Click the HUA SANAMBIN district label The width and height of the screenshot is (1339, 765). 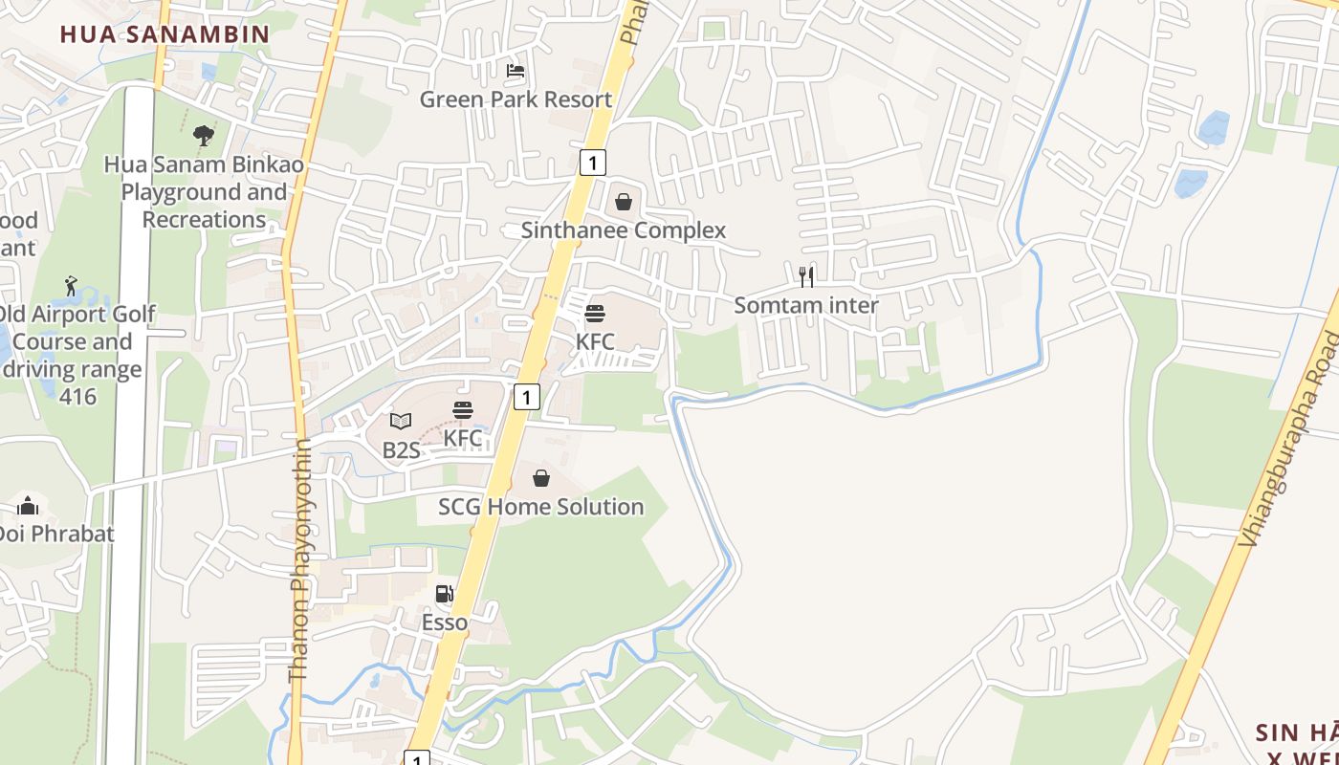tap(165, 34)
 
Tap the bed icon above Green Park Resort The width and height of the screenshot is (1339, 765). tap(516, 71)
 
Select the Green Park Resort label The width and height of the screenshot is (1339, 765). tap(516, 99)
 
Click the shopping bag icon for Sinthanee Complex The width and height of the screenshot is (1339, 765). tap(624, 202)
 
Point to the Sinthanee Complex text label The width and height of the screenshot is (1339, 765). tap(624, 230)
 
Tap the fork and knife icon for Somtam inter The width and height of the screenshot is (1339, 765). tap(806, 277)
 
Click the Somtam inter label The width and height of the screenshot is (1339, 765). tap(806, 305)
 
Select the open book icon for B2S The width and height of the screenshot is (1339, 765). tap(401, 421)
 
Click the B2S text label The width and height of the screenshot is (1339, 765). tap(401, 449)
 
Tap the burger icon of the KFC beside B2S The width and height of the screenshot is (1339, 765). tap(463, 410)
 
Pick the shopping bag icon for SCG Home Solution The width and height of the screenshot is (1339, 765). tap(541, 478)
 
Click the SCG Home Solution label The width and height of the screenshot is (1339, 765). tap(541, 507)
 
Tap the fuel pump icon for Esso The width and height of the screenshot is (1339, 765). tap(445, 594)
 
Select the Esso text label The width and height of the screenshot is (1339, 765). tap(445, 623)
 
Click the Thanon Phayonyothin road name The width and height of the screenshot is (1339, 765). tap(299, 560)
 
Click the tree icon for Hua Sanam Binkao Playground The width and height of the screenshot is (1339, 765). tap(203, 136)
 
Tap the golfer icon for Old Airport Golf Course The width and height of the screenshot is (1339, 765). tap(71, 286)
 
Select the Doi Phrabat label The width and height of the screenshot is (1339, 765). tap(55, 534)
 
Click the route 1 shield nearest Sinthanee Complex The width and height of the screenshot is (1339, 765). tap(592, 163)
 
